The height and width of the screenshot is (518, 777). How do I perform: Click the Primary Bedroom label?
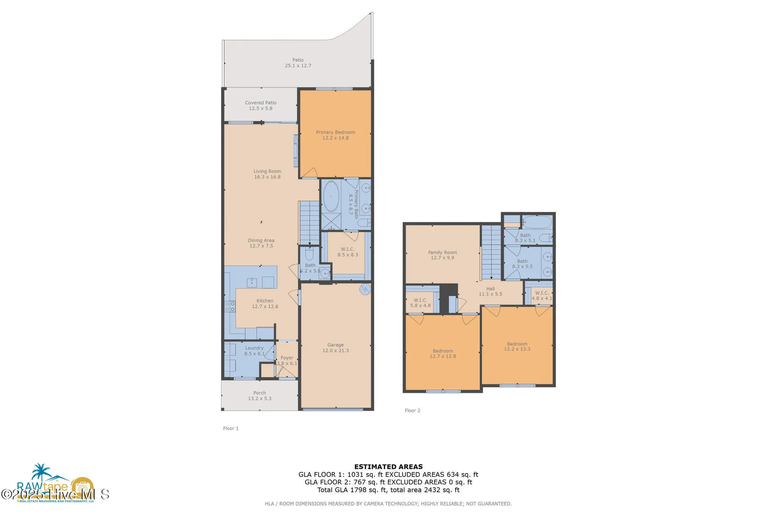tap(335, 135)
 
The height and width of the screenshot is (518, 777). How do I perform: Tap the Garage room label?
tap(335, 348)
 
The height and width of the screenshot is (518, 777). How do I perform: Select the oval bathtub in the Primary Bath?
tap(331, 196)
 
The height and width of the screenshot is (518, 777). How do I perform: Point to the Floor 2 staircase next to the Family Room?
tap(491, 252)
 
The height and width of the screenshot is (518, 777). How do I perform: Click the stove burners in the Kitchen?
tap(230, 306)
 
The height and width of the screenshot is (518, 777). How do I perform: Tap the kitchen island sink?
tap(252, 282)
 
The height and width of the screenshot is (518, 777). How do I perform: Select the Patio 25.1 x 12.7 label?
tap(298, 63)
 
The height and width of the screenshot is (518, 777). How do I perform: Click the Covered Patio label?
tap(261, 105)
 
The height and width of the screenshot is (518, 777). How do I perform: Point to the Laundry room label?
tap(254, 351)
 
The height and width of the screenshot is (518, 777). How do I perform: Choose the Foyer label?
tap(287, 360)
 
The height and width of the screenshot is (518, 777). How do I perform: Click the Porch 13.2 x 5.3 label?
tap(260, 395)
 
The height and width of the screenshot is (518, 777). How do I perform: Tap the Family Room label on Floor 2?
tap(442, 255)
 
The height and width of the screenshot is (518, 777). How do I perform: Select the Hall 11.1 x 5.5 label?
tap(490, 291)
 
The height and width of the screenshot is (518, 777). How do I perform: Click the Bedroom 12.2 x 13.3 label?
tap(517, 346)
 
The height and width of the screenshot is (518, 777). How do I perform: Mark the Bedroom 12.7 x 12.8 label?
tap(443, 353)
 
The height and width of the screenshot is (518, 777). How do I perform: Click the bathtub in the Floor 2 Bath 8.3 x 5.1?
tap(537, 222)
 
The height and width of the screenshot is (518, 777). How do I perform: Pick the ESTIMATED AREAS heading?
tap(388, 466)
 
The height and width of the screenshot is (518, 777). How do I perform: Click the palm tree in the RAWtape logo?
tap(41, 471)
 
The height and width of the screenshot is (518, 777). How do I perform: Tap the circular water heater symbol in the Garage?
tap(365, 289)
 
